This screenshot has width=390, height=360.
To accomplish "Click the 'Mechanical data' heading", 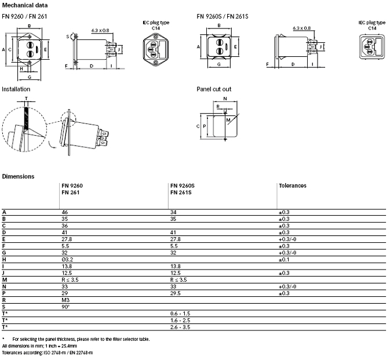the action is pos(25,5).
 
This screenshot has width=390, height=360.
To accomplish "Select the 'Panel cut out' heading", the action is pos(214,89).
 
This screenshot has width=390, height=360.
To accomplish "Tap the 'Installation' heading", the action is pos(16,89).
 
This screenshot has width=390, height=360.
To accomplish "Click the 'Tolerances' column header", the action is pos(293,186).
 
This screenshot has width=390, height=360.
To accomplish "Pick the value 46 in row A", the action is pos(65,212).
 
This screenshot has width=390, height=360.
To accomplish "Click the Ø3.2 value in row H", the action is pos(67,260).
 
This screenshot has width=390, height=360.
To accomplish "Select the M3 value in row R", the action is pos(65,300).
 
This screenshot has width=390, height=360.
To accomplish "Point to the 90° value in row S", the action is pos(65,307).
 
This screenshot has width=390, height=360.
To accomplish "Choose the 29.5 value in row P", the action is pos(176,293).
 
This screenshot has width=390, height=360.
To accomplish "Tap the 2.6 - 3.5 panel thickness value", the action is pos(180,327).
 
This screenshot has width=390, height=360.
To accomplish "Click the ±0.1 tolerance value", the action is pos(284,260).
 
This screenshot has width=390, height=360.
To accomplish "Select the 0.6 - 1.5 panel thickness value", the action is pos(180,314).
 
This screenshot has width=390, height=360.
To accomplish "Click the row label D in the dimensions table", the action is pos(3,232).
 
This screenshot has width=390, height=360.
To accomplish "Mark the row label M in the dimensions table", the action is pos(5,280).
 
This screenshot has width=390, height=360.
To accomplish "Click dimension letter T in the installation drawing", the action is pos(26,99).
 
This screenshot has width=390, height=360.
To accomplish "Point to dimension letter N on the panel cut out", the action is pos(225,99).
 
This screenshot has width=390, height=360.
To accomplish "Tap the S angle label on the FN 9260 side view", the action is pos(68,37).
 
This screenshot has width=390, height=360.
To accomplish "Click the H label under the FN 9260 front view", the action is pos(21,69).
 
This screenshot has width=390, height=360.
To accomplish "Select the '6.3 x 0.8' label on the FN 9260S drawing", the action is pos(302,28).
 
